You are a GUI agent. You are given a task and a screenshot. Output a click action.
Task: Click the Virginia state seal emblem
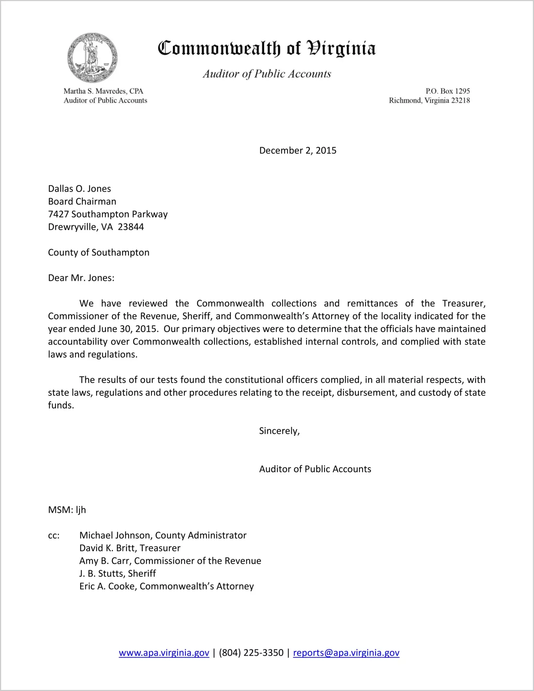point(92,57)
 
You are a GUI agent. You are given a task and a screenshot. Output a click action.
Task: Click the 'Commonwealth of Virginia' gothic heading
point(267,48)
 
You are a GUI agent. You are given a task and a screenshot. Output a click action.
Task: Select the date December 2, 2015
point(298,150)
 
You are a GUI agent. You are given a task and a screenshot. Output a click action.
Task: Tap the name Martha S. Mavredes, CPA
point(103,91)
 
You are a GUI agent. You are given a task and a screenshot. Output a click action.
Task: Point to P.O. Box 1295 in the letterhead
point(448,91)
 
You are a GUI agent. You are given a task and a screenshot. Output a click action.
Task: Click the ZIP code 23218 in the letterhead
point(460,101)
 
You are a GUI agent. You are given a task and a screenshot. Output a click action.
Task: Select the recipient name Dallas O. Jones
point(79,189)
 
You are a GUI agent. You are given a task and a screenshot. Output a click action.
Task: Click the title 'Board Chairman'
point(82,201)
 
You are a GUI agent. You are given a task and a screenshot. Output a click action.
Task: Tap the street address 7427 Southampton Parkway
point(108,214)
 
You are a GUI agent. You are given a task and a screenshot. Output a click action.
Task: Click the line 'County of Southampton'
point(99,252)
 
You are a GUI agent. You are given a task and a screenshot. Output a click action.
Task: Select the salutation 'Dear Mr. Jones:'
point(81,278)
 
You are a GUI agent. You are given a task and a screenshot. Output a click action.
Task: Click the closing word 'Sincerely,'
point(279,431)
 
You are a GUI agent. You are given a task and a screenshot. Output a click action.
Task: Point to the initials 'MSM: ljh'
point(67,510)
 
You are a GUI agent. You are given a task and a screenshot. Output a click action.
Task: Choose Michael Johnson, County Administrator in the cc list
point(163,535)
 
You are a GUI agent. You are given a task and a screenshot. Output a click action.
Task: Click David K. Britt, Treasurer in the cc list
point(130,548)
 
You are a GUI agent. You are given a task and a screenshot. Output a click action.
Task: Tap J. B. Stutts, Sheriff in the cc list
point(118,574)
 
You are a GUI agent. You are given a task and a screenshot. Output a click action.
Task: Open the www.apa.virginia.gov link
point(164,653)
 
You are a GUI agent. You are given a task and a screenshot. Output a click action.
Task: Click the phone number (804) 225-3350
point(251,653)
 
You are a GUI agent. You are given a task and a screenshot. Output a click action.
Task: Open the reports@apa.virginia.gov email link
point(346,653)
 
